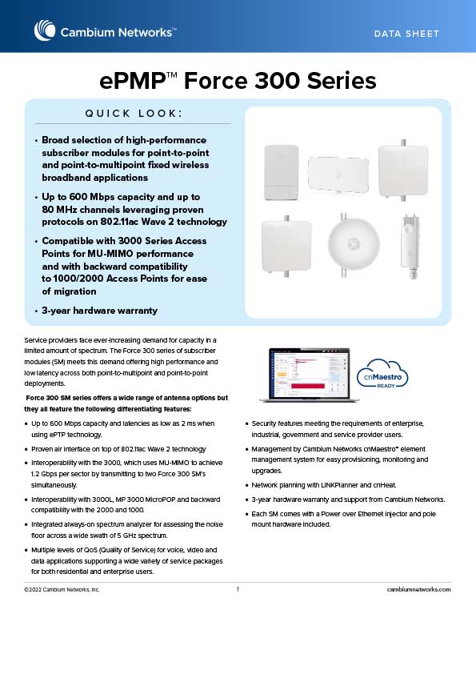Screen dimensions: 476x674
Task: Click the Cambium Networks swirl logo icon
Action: coord(45,30)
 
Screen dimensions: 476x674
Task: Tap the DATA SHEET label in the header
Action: coord(406,34)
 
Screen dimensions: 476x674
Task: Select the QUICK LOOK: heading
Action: coord(134,114)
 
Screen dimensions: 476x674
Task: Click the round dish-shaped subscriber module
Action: coord(354,245)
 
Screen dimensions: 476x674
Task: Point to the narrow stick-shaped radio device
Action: coord(410,247)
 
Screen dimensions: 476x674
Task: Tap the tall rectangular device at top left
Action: coord(282,172)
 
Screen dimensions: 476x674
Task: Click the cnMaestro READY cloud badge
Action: coord(382,375)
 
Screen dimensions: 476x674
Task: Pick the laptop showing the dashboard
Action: coord(309,375)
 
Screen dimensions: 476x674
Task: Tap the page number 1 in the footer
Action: coord(238,589)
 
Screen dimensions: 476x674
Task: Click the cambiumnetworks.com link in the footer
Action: coord(419,589)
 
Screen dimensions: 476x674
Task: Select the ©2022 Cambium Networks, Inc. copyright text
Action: coord(62,589)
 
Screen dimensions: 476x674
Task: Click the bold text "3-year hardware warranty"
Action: coord(100,311)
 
